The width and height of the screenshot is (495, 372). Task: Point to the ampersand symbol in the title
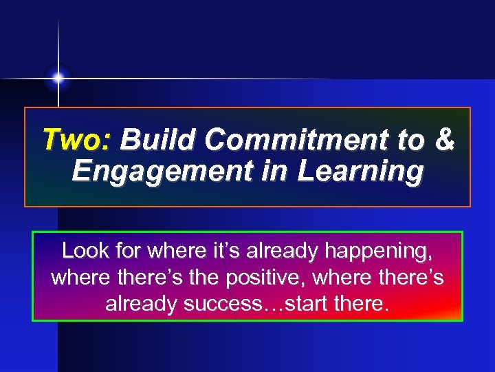click(x=445, y=140)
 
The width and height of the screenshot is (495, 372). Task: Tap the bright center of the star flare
click(x=58, y=79)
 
